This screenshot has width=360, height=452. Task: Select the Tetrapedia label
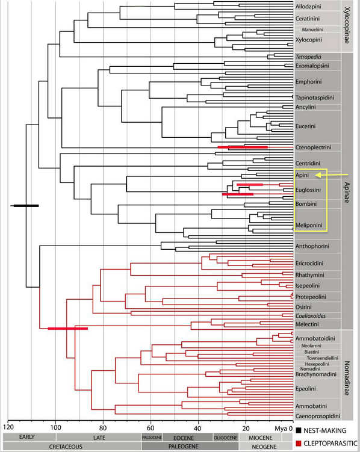click(308, 57)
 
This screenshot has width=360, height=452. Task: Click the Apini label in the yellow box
click(302, 175)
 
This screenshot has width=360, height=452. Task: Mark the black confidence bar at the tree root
click(26, 206)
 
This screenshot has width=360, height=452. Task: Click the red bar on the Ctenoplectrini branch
click(243, 147)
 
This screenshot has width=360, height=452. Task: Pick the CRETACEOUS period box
click(72, 447)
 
